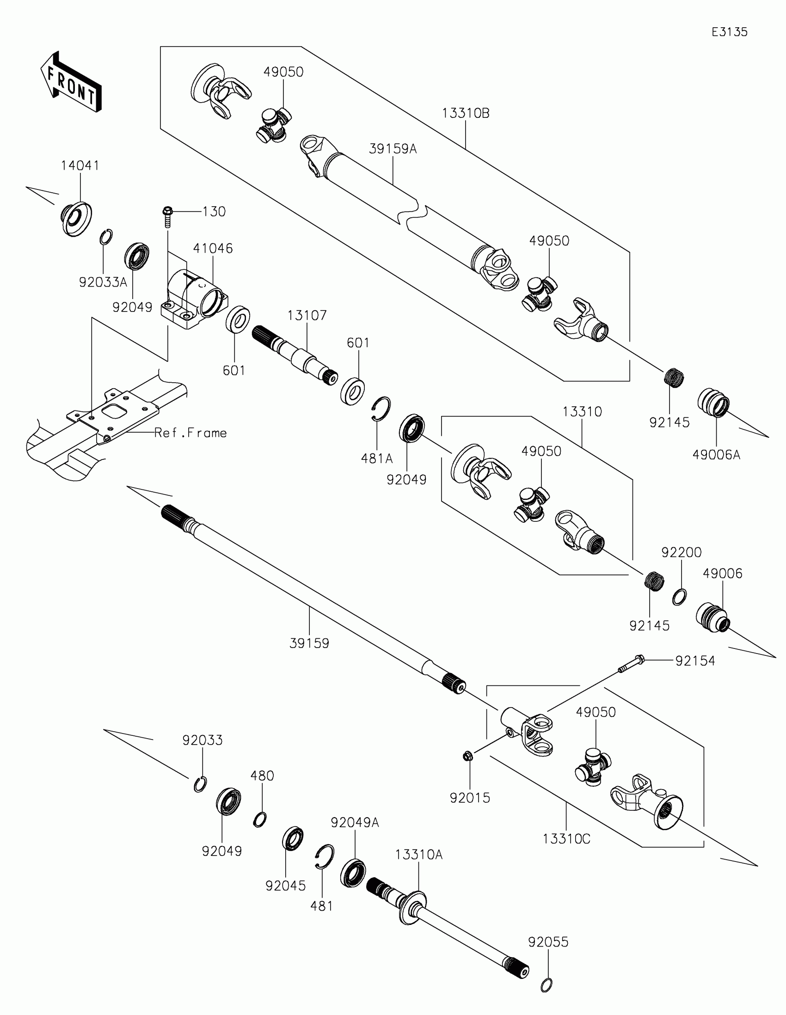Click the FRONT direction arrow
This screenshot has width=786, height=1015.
point(71,82)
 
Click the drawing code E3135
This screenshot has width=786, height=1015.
point(729,32)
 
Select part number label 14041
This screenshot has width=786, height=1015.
point(80,165)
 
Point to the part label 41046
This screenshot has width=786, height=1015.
point(213,248)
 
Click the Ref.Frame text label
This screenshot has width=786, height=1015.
point(190,433)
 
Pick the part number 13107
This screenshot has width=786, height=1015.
point(307,316)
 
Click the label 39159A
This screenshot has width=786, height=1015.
point(393,149)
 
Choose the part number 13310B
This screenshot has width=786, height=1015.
point(465,113)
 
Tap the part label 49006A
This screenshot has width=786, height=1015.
point(716,454)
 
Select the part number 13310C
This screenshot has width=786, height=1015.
point(566,839)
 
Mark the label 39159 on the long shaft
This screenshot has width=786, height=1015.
point(309,643)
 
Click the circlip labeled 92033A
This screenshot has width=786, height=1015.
point(106,237)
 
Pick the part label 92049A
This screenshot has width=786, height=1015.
point(355,823)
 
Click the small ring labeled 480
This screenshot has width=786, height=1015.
point(260,819)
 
